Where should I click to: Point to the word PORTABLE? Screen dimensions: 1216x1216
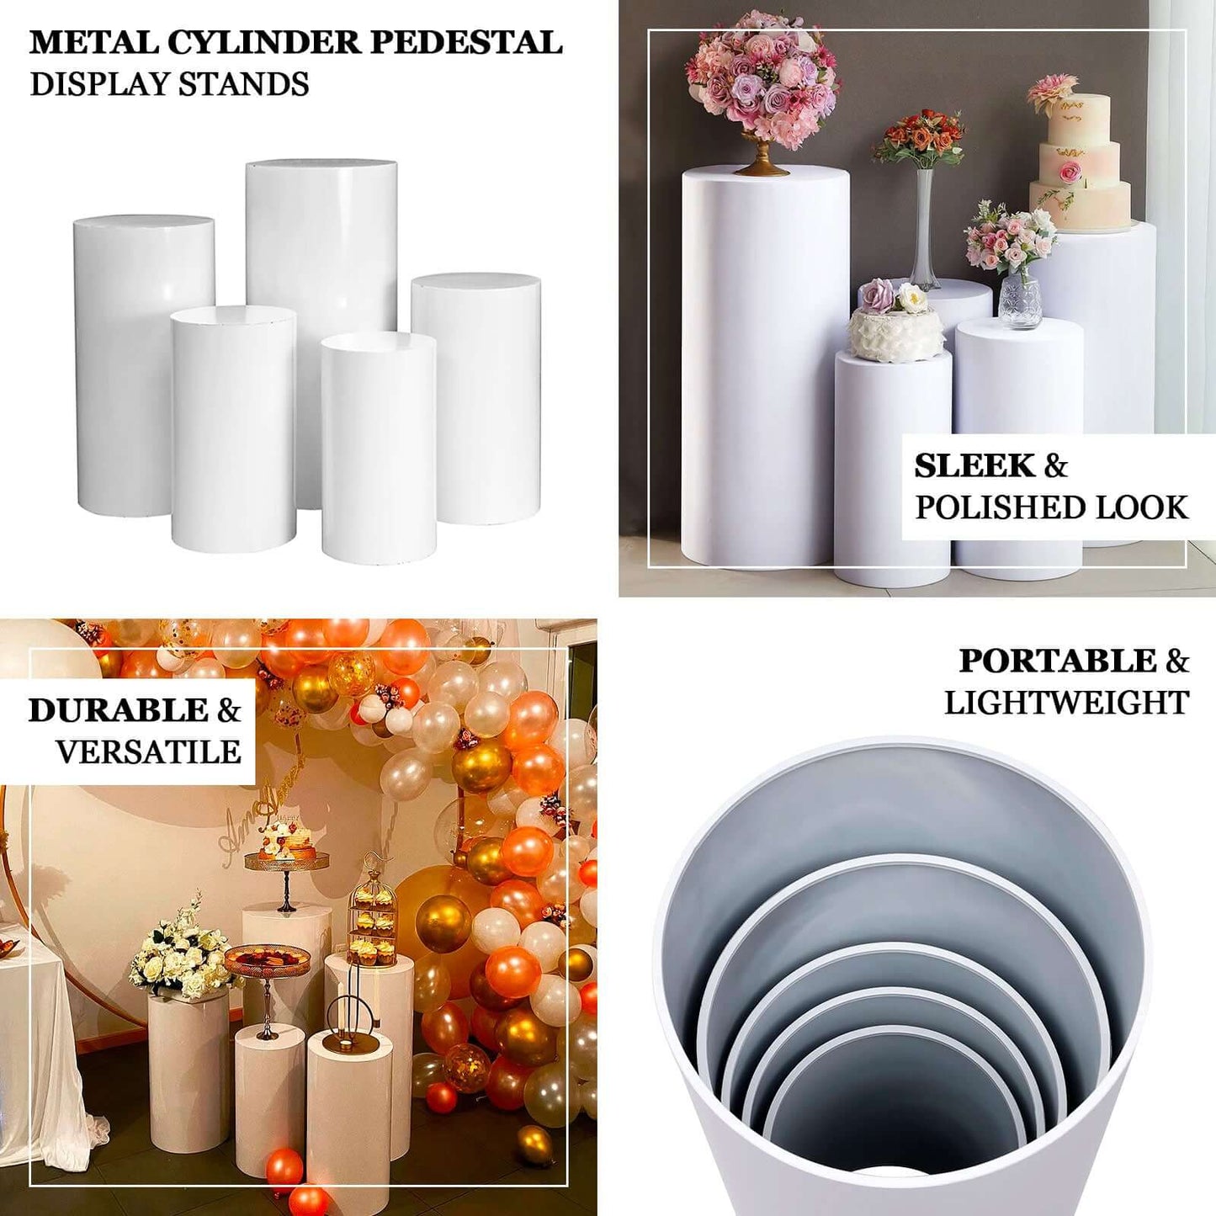[x=1058, y=661]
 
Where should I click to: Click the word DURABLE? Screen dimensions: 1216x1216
[x=117, y=710]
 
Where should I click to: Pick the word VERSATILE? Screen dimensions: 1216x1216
[x=148, y=751]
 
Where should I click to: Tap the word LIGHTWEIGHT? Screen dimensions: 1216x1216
[x=1066, y=703]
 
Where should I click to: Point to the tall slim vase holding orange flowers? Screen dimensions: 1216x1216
[x=923, y=227]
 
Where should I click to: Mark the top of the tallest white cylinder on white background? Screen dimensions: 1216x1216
[x=321, y=162]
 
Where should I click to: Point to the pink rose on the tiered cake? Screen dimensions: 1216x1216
[x=1070, y=173]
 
